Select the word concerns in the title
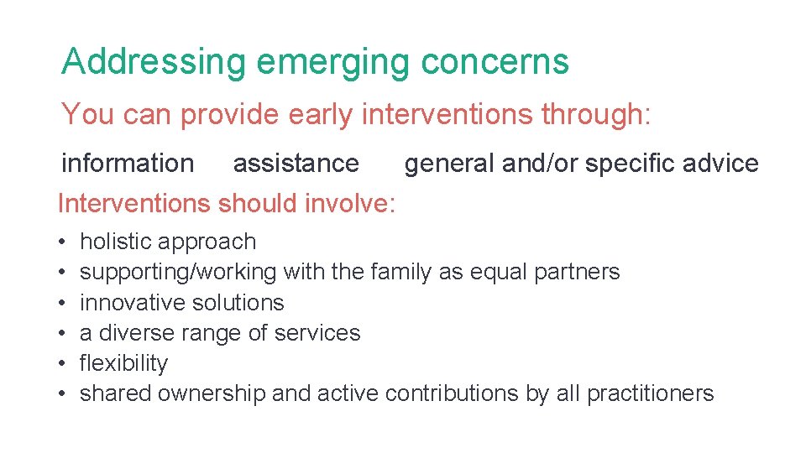tap(495, 62)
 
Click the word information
tap(128, 163)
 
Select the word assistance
tap(296, 163)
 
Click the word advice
tap(721, 163)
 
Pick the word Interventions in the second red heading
tap(133, 203)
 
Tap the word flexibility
tap(123, 363)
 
